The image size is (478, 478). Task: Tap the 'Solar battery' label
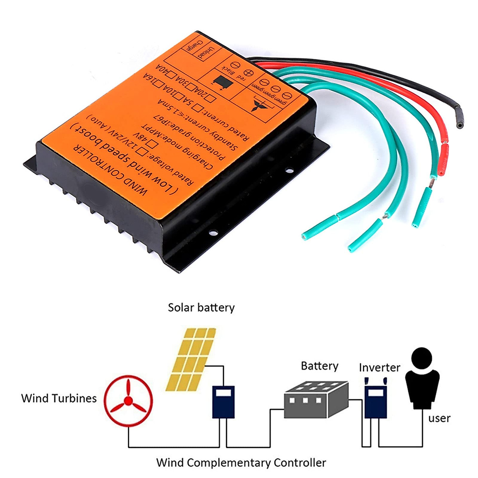pyautogui.click(x=201, y=308)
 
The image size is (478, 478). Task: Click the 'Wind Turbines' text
pyautogui.click(x=59, y=398)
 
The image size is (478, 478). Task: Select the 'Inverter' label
pyautogui.click(x=379, y=367)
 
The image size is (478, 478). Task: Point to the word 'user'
pyautogui.click(x=439, y=418)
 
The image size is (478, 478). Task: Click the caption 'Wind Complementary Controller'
pyautogui.click(x=241, y=463)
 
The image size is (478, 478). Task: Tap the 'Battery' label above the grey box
pyautogui.click(x=319, y=366)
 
